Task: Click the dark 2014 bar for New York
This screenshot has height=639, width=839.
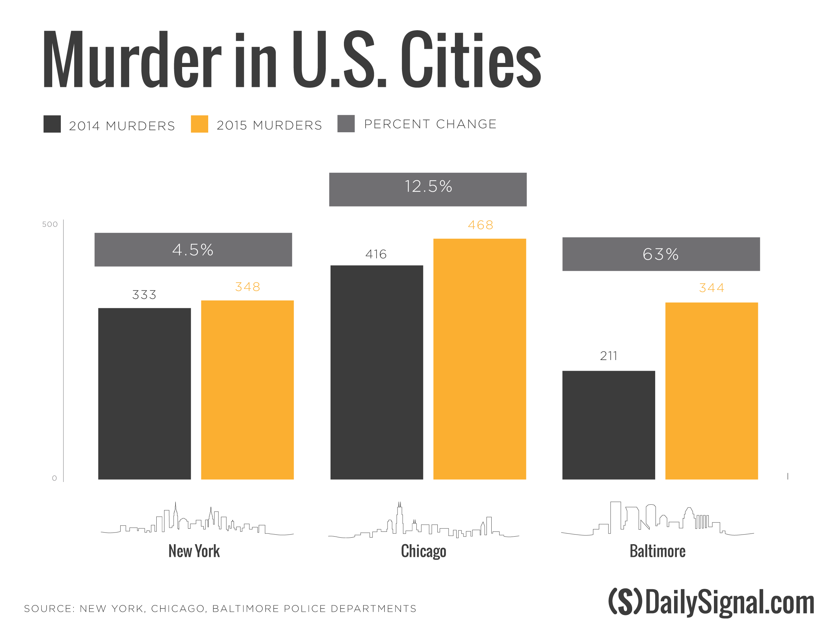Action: [144, 393]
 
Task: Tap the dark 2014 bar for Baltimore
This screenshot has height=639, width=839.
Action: [608, 425]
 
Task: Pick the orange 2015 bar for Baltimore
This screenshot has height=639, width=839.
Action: [711, 391]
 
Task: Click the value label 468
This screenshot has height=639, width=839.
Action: [480, 225]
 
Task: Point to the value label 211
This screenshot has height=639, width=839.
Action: [608, 356]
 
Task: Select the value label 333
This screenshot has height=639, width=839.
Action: [144, 294]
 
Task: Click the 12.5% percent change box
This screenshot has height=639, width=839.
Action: [427, 189]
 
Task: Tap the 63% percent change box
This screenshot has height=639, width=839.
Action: [661, 254]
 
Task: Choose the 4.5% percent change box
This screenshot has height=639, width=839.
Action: [193, 249]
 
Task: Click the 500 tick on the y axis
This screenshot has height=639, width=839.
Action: [50, 224]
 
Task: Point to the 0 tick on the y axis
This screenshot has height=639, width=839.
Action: [54, 478]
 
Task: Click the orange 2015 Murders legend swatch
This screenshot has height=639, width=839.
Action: [199, 124]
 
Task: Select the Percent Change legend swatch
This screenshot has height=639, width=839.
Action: [346, 124]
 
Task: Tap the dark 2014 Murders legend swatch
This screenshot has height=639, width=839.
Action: [52, 124]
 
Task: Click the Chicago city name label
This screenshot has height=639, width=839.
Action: [423, 551]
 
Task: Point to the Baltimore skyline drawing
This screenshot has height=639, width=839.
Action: [657, 519]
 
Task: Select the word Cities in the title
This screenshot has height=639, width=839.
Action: [470, 60]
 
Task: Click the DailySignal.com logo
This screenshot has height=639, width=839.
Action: [711, 602]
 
